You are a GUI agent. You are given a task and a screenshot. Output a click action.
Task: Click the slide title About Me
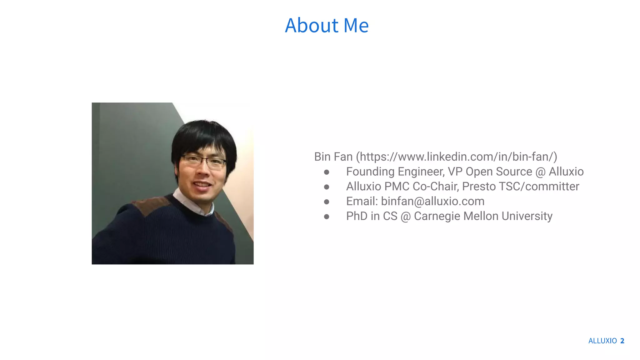[327, 25]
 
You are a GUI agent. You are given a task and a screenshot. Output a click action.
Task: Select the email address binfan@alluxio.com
[432, 201]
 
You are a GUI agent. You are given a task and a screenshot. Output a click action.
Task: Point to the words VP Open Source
[490, 172]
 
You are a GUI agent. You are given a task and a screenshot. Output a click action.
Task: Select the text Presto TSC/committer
[520, 187]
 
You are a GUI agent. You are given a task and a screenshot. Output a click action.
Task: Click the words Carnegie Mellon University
[483, 216]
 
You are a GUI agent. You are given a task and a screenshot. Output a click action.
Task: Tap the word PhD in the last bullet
[357, 216]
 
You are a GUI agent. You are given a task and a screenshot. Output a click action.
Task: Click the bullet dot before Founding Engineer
[327, 172]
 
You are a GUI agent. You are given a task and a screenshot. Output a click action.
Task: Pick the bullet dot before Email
[327, 202]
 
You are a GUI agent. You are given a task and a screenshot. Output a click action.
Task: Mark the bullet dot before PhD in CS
[327, 217]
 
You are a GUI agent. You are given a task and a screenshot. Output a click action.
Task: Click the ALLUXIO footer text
[602, 341]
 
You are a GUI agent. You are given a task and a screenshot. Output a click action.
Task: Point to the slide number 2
[622, 341]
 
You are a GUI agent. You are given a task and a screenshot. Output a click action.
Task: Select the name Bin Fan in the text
[333, 157]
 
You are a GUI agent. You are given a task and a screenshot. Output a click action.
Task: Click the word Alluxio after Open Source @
[566, 172]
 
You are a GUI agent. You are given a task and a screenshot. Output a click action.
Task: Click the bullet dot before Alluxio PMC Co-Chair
[327, 187]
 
